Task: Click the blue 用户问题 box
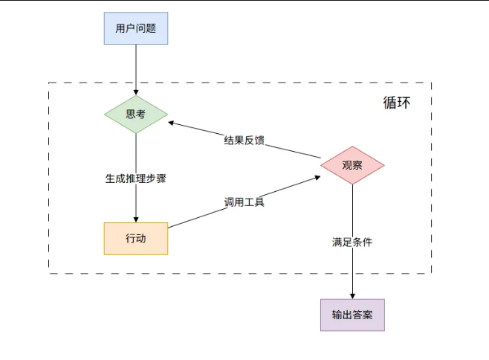135,29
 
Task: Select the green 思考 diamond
135,115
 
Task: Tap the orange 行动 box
135,239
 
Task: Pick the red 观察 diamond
352,165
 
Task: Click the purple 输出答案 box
352,315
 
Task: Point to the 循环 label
396,103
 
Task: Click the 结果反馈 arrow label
244,141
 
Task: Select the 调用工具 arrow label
244,202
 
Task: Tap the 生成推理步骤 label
135,179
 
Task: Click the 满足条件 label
352,242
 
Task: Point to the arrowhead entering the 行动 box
135,219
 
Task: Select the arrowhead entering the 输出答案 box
352,295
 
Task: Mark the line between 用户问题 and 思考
135,67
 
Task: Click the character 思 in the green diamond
130,115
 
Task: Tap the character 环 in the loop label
403,103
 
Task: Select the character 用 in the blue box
120,29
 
